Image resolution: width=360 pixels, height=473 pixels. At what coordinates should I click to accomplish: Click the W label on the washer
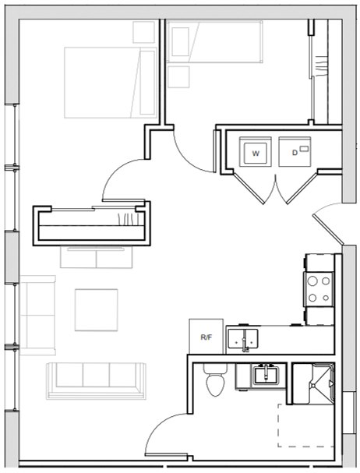click(255, 154)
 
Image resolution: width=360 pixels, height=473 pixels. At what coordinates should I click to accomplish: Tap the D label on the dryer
click(295, 153)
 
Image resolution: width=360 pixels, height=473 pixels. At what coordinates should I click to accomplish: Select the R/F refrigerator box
click(206, 337)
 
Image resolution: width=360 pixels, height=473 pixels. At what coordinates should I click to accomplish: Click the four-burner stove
click(318, 289)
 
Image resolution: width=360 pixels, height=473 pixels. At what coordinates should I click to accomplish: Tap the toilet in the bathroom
click(213, 379)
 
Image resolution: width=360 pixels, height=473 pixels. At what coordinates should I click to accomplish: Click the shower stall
click(313, 382)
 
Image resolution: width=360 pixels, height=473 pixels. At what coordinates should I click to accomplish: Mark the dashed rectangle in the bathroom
click(309, 425)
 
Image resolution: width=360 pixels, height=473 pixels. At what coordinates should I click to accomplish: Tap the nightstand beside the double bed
click(143, 31)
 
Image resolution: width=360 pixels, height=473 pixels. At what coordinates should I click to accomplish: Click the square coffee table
click(96, 309)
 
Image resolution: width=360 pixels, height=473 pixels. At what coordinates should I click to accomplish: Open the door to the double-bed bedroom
click(121, 175)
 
